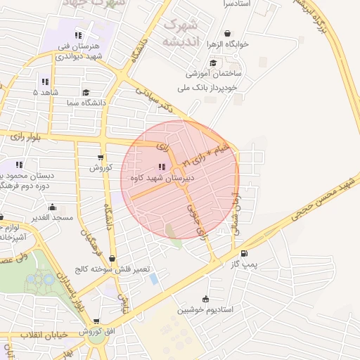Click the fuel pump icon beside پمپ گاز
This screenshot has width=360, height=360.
click(x=244, y=253)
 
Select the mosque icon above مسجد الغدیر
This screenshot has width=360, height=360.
click(x=52, y=207)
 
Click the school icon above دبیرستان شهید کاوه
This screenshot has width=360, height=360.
click(x=162, y=167)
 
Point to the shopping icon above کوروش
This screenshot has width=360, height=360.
click(x=101, y=157)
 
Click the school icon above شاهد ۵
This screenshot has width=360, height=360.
click(x=45, y=81)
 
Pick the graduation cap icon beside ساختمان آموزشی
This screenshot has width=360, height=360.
click(x=212, y=62)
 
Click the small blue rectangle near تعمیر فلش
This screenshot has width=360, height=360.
click(x=154, y=279)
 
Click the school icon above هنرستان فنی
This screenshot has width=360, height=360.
click(x=79, y=35)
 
